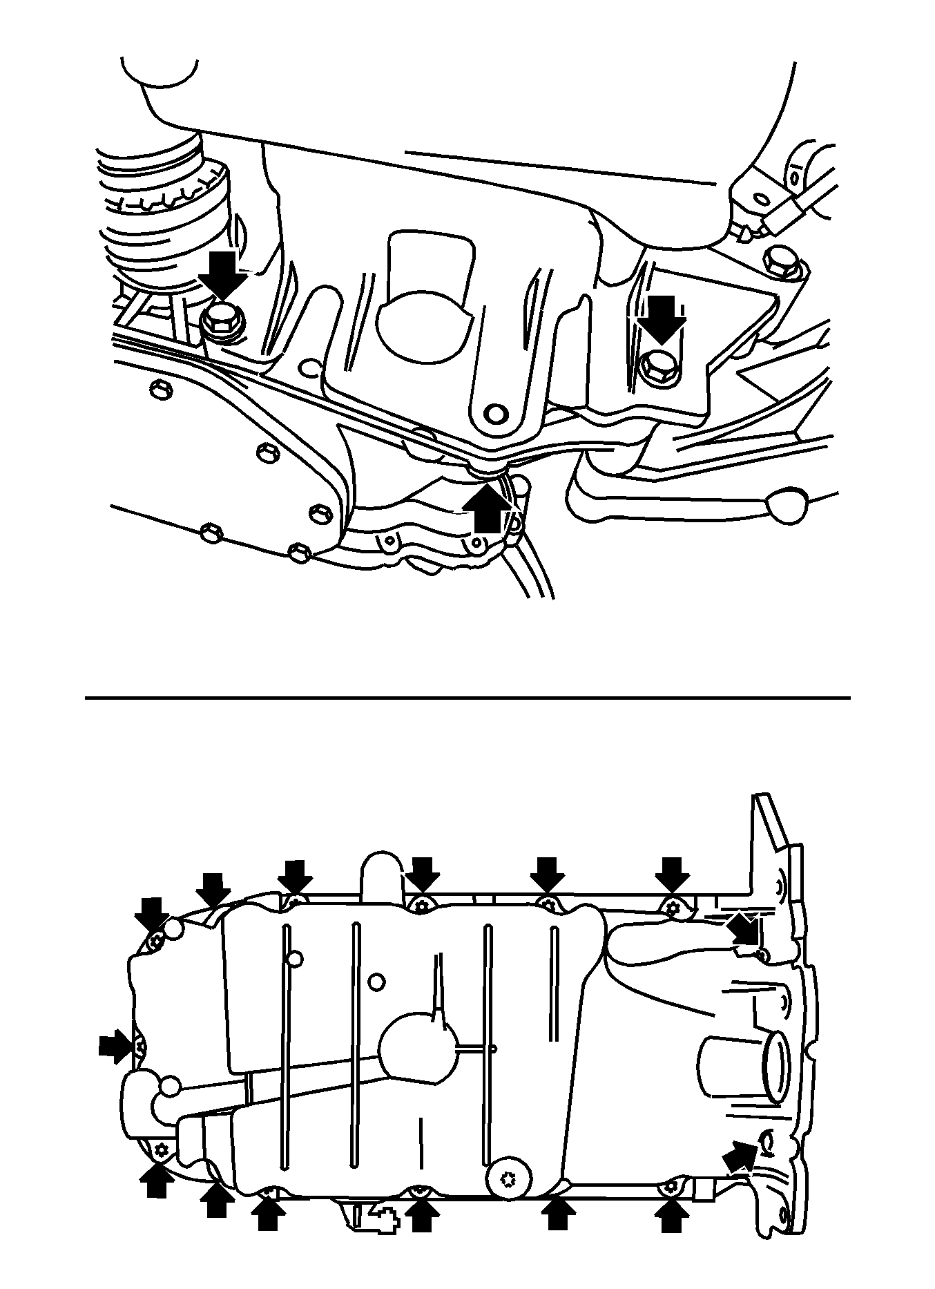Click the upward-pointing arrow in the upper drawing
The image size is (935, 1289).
coord(488,507)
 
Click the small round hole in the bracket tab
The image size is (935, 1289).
coord(494,413)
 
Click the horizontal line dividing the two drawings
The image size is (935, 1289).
coord(467,698)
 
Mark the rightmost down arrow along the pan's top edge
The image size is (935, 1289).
coord(671,875)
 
